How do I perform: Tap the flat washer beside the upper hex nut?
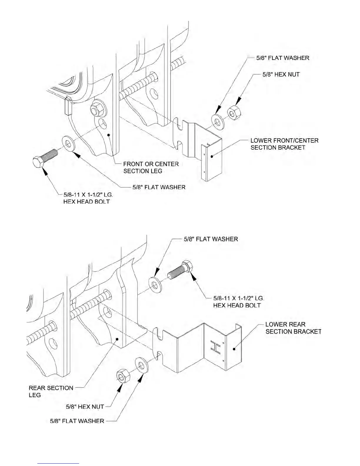click(x=218, y=120)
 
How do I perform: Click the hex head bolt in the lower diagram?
click(x=180, y=271)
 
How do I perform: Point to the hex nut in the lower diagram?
click(x=122, y=376)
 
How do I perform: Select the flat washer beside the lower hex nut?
click(x=142, y=365)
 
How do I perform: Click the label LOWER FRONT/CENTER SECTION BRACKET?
click(x=284, y=144)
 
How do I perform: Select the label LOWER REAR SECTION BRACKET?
click(x=293, y=328)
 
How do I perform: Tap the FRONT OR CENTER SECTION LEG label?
click(x=151, y=167)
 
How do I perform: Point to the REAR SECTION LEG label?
click(x=51, y=391)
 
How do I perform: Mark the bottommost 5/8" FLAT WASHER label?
click(x=77, y=421)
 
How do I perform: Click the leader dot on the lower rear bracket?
click(x=234, y=349)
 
